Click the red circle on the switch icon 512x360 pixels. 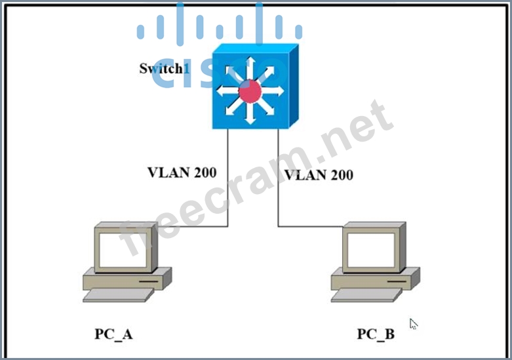250,90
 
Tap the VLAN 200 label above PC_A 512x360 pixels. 182,172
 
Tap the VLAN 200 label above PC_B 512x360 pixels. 319,174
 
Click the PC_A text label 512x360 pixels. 113,334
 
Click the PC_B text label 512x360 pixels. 376,334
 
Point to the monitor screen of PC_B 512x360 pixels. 371,250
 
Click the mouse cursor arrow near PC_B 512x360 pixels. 413,323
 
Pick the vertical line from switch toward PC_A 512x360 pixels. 227,177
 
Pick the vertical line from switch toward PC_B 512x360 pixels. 278,177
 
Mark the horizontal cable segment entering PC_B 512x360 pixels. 309,227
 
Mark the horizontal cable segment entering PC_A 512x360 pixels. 191,227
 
